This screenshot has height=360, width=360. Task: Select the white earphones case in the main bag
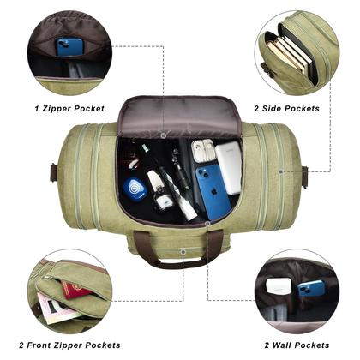click(202, 152)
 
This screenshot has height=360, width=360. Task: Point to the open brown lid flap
click(180, 117)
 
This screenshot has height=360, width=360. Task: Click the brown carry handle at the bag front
click(180, 249)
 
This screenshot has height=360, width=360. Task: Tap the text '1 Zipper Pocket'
click(71, 109)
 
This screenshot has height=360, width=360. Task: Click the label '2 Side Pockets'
click(287, 109)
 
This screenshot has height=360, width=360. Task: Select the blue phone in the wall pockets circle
click(311, 288)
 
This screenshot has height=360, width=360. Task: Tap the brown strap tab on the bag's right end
click(304, 176)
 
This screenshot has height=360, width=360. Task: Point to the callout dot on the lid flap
click(163, 135)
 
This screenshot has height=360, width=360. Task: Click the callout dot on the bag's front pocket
click(183, 254)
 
